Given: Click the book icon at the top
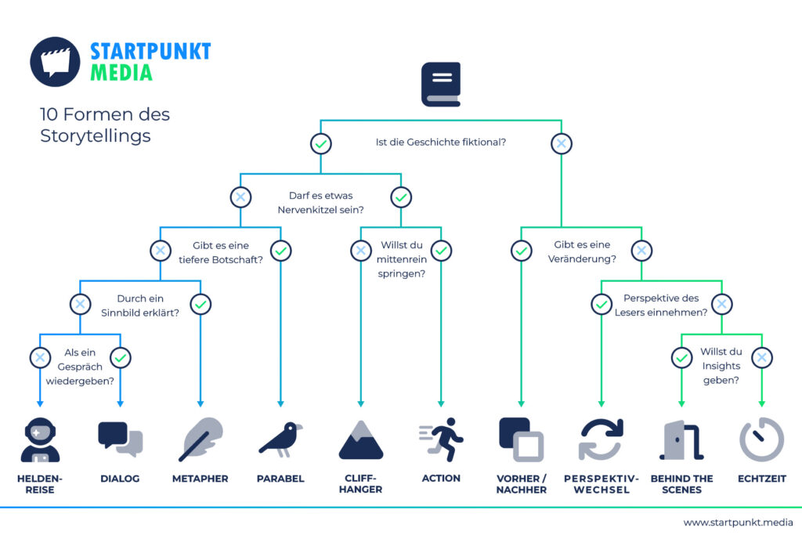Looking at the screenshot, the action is (x=441, y=85).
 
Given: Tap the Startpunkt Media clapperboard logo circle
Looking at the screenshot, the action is (x=56, y=62).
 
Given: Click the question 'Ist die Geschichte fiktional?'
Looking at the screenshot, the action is (x=441, y=143).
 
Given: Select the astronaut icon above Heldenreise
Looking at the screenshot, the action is (x=40, y=440).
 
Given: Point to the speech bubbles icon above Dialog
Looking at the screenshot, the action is (x=120, y=439).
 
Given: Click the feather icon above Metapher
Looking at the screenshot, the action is (x=200, y=439).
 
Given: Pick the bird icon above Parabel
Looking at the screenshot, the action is (x=281, y=439).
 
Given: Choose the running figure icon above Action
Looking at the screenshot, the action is (x=441, y=439).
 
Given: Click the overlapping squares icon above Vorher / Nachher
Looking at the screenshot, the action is (x=521, y=440).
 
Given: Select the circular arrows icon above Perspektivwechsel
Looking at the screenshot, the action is (x=601, y=439).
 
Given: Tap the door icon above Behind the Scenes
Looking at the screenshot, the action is (x=681, y=440).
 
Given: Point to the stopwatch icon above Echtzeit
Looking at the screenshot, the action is (x=761, y=439).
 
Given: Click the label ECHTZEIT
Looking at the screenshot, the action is (x=761, y=479).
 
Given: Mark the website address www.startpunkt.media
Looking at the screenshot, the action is (x=738, y=522).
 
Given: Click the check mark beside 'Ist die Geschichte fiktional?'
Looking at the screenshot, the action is (x=320, y=143).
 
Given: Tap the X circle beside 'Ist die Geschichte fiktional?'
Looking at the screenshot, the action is (x=561, y=143).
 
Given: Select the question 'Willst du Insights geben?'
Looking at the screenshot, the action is (x=721, y=366).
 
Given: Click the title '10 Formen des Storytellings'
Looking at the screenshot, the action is (x=105, y=125).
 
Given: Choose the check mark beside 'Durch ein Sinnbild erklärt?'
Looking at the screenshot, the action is (x=200, y=305).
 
